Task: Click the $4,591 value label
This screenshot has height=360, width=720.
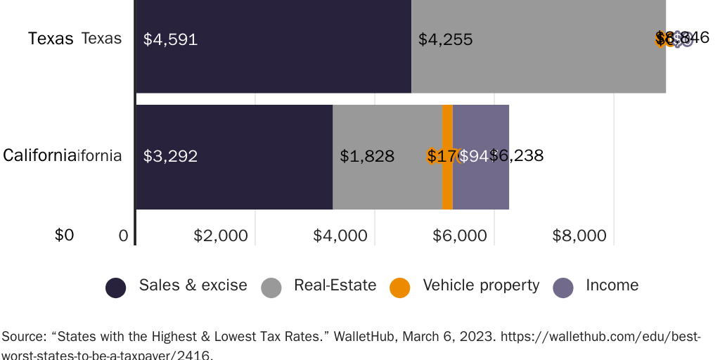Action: (170, 39)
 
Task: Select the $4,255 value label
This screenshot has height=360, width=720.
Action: (445, 39)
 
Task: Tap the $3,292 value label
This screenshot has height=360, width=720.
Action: (170, 156)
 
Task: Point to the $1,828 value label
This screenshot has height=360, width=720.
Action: (366, 156)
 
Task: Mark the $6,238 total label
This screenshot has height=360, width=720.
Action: (517, 155)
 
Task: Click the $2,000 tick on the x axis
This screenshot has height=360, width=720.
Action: (221, 236)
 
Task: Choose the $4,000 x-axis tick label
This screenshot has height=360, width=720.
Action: (340, 236)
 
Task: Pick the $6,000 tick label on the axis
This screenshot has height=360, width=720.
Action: (460, 236)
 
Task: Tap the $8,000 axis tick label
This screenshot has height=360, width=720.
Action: (579, 236)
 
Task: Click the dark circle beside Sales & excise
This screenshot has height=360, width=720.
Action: (116, 287)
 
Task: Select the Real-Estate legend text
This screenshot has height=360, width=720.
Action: (335, 285)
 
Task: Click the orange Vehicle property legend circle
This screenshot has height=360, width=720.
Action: (399, 287)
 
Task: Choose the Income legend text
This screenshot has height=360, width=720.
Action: (612, 285)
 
